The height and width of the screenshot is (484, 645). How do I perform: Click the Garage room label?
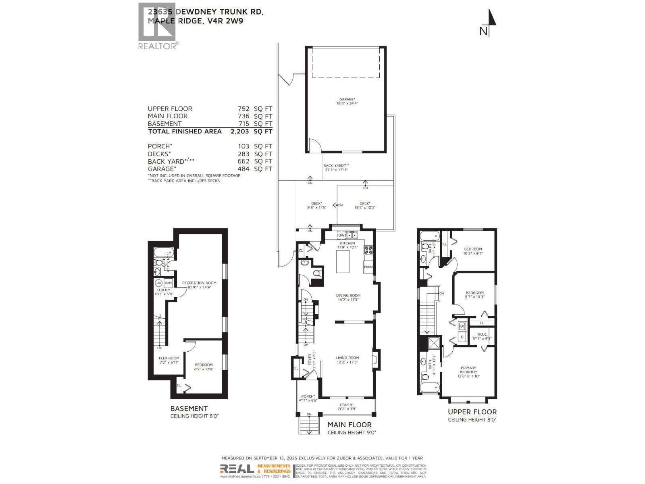click(347, 101)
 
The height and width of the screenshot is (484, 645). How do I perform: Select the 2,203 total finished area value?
click(240, 131)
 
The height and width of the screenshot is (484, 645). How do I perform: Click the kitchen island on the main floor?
click(343, 261)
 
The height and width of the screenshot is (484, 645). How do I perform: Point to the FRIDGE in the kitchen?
click(368, 267)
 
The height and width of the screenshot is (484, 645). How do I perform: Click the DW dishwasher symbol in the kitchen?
click(341, 235)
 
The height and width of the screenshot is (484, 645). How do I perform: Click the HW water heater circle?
click(159, 283)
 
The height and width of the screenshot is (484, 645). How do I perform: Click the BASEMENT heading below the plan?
click(189, 409)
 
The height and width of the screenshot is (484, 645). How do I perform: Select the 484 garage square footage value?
click(243, 169)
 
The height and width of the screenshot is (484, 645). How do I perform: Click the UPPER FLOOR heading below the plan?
click(472, 412)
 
